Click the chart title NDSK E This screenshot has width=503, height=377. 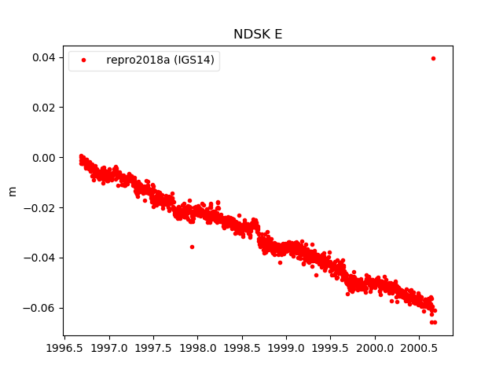(257, 35)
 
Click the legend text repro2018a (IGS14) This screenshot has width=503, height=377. (162, 60)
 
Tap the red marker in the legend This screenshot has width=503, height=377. (85, 60)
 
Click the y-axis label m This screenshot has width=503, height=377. (12, 191)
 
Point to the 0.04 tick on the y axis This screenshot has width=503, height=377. (42, 57)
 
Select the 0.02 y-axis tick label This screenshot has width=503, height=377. (42, 108)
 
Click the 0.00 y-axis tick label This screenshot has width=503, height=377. (42, 158)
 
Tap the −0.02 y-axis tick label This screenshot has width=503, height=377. (40, 207)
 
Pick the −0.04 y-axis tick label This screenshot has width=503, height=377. (40, 258)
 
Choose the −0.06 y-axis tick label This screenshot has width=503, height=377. (40, 308)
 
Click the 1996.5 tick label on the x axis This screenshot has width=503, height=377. (64, 347)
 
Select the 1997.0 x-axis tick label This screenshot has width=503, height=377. (108, 347)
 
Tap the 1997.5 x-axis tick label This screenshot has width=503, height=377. (152, 347)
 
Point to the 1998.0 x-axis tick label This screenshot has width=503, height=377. (197, 347)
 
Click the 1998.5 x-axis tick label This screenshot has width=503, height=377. (241, 347)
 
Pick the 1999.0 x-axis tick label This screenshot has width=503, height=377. (286, 347)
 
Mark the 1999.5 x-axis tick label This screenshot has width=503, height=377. (330, 347)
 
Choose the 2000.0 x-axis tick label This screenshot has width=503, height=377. (374, 347)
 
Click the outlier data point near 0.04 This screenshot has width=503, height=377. (433, 58)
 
